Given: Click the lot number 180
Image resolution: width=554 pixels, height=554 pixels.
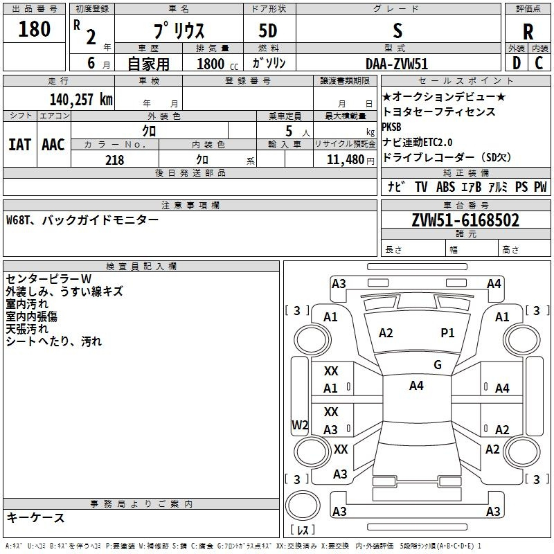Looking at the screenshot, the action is point(34,28).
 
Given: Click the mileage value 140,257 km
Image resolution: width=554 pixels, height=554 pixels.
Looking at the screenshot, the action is point(81,100).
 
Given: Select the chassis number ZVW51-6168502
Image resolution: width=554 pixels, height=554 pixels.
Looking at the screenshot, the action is point(465,220).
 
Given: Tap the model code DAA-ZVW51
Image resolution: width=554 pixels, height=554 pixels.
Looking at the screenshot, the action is point(397,64).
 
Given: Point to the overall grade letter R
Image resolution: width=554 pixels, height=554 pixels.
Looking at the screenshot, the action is point(528,32).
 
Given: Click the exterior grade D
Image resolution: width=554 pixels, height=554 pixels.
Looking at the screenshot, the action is point(517,63).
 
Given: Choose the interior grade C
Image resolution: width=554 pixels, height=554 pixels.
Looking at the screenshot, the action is point(539,63).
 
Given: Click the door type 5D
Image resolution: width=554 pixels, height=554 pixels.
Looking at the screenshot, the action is point(268,31).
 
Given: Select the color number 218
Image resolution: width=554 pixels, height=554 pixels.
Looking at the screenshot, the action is point(115,160).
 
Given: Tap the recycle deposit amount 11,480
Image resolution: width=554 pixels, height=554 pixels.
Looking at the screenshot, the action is point(345,160).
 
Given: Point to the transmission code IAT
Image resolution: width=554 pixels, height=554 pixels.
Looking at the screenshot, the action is point(19,145).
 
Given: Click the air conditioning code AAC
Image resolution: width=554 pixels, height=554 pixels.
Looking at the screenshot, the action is point(53,145).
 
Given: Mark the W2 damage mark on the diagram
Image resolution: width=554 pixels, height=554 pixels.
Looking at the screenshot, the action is point(300,425).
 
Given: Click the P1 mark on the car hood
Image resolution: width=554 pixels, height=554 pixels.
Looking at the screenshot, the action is point(447,333).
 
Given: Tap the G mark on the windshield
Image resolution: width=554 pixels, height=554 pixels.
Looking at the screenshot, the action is point(438,365).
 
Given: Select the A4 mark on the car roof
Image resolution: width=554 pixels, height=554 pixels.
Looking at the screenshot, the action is point(416,386).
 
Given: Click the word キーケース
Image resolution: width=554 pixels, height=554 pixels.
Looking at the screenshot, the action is point(36,518).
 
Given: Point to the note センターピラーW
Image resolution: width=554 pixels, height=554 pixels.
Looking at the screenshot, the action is point(48,279).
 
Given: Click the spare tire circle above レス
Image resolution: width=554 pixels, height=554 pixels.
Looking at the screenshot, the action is point(303,506).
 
